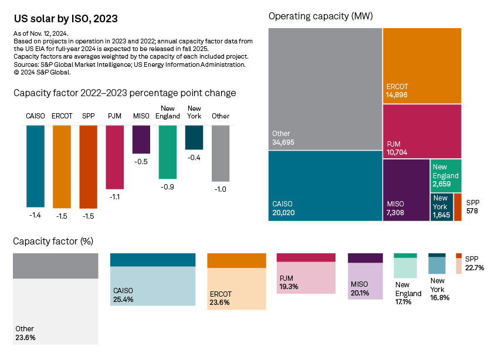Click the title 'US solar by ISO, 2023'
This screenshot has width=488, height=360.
pyautogui.click(x=65, y=19)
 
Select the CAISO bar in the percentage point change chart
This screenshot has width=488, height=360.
pyautogui.click(x=35, y=166)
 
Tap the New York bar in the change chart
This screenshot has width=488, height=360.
pyautogui.click(x=194, y=137)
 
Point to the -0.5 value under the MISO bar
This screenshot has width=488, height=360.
pyautogui.click(x=141, y=161)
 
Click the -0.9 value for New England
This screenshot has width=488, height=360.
pyautogui.click(x=168, y=186)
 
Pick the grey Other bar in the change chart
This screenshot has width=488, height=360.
pyautogui.click(x=221, y=153)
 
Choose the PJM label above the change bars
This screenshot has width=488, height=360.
pyautogui.click(x=115, y=116)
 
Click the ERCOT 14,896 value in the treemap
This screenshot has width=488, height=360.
pyautogui.click(x=397, y=95)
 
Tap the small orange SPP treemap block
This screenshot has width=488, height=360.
pyautogui.click(x=457, y=207)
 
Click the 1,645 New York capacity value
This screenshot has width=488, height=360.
pyautogui.click(x=442, y=215)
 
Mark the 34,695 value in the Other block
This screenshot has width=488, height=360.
pyautogui.click(x=286, y=142)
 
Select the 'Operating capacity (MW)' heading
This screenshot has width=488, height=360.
pyautogui.click(x=320, y=16)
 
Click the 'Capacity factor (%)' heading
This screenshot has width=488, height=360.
pyautogui.click(x=53, y=241)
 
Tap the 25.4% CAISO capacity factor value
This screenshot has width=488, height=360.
pyautogui.click(x=123, y=299)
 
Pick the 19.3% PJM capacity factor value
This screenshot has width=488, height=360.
pyautogui.click(x=289, y=287)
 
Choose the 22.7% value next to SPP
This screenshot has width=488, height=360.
pyautogui.click(x=474, y=268)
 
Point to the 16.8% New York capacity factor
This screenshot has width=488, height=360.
pyautogui.click(x=439, y=297)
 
